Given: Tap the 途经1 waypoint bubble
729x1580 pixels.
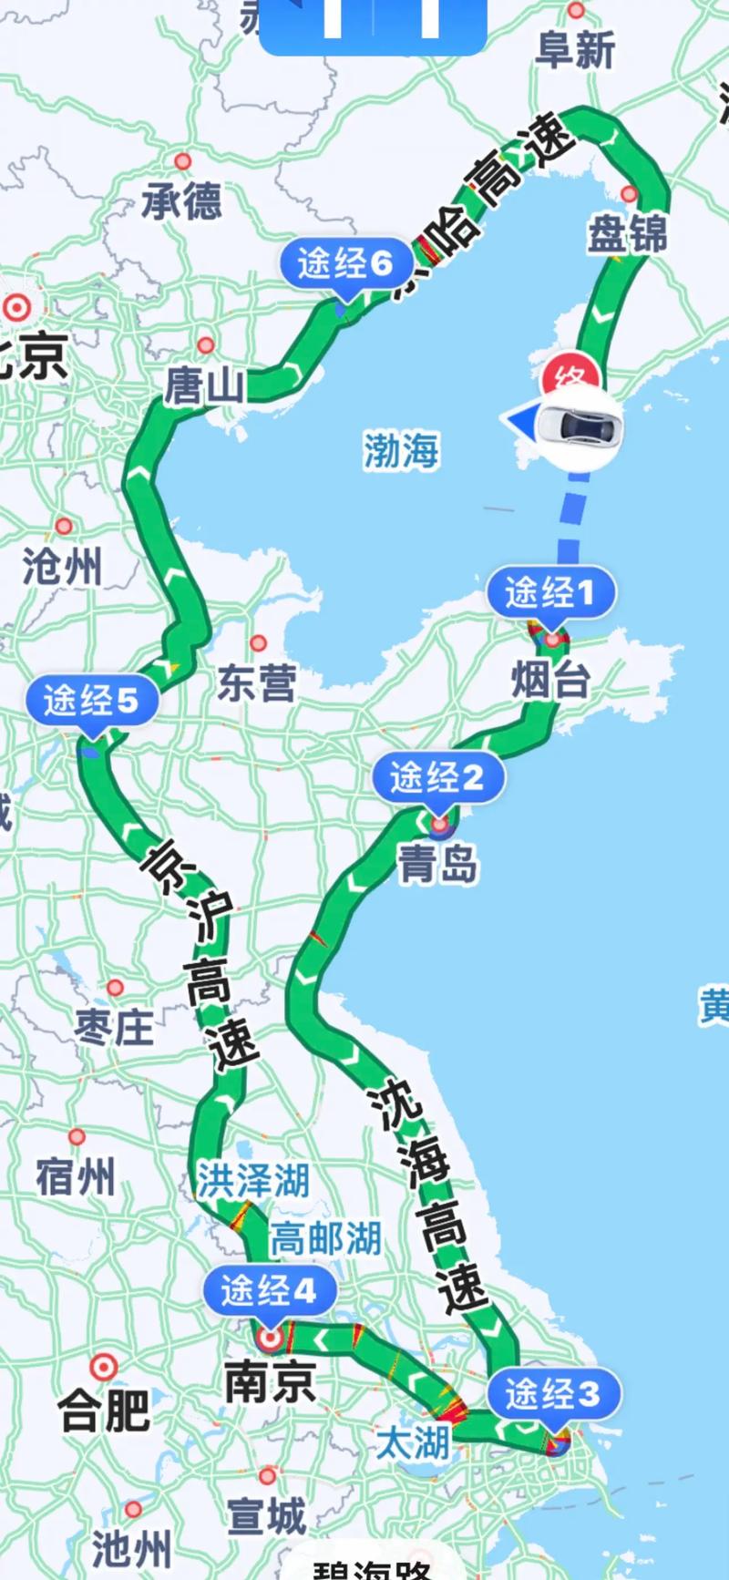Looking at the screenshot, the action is coord(550,593).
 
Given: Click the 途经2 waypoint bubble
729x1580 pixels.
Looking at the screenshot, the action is coord(437,778).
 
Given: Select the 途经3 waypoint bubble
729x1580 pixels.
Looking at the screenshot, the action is coord(553,1393).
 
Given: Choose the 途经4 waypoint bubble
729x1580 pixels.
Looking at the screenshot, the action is coord(269,1290).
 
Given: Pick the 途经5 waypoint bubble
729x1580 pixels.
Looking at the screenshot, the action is coord(91,701).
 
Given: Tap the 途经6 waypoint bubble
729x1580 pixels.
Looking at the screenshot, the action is coord(344,263).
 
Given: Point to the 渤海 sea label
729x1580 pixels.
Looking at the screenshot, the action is coord(401,450).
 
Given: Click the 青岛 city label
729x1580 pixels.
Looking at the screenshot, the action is coord(437,863).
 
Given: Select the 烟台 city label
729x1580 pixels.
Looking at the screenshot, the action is coord(550,680).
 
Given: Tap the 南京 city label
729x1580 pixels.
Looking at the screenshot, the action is coord(270,1381).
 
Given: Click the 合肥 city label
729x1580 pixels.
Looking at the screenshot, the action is coord(104,1411).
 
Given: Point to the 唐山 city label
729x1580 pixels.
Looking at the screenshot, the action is coord(205,386).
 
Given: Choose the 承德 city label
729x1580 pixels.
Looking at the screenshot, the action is coord(182,200).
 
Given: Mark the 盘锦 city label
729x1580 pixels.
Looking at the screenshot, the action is coord(627,234).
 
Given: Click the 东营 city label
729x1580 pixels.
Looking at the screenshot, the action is coord(257,683).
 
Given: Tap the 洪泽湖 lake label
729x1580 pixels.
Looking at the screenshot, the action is coord(254,1180).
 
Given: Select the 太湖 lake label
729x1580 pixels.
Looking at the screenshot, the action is coord(413,1442).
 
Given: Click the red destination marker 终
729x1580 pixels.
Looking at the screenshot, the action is coord(570,375).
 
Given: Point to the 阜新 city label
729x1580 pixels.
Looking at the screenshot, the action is coord(576,50).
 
